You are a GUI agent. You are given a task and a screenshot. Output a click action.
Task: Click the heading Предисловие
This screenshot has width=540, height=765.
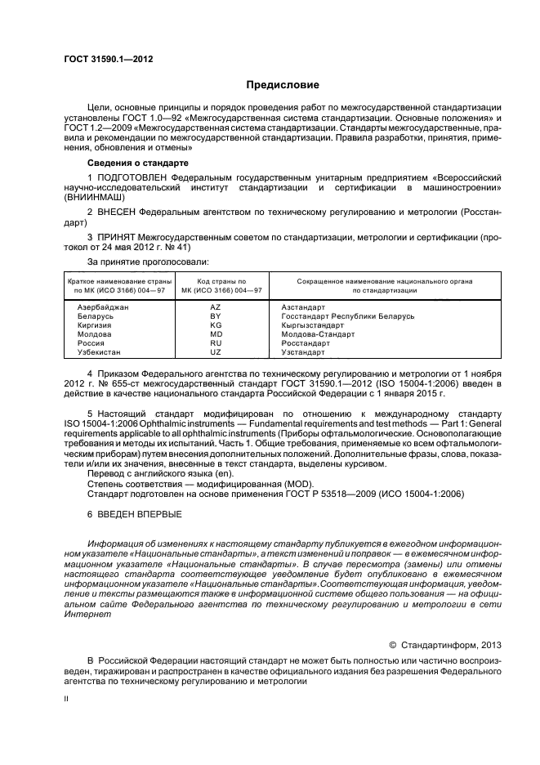(x=283, y=84)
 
